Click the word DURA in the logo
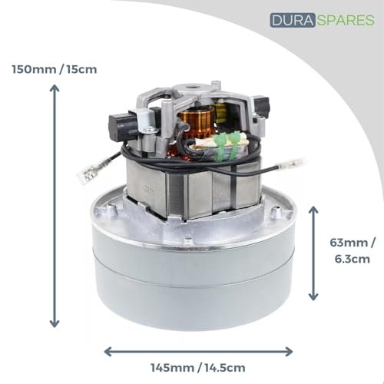tap(293, 20)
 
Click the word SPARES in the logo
tap(346, 20)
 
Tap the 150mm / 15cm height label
tap(55, 69)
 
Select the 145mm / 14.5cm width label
tap(198, 368)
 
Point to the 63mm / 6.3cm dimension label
tap(353, 250)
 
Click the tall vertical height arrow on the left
tap(55, 207)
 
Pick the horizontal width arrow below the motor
tap(198, 351)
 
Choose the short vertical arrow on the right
tap(313, 253)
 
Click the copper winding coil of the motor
tap(197, 121)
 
